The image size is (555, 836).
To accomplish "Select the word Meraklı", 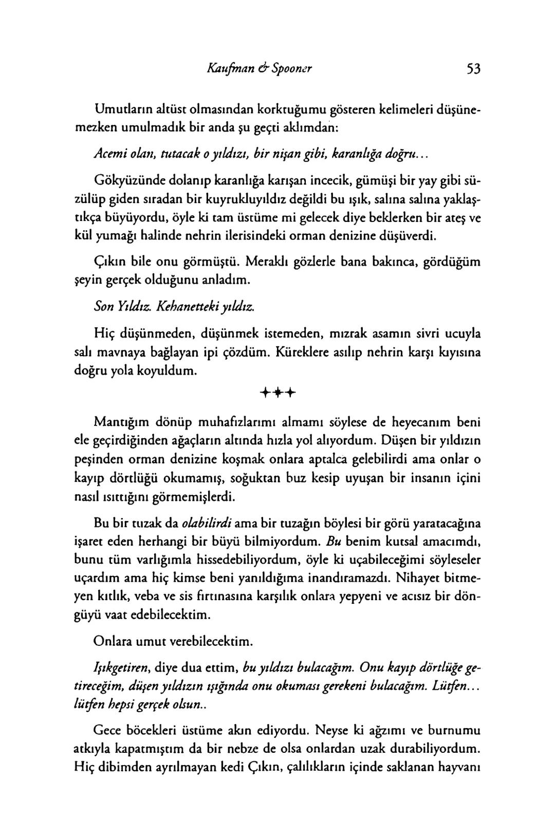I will click(266, 262).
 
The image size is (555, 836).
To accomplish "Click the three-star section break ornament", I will click(278, 394).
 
